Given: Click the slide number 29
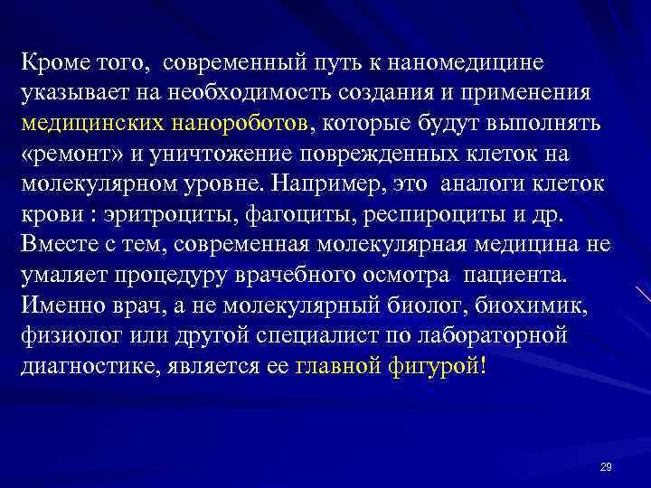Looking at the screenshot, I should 606,466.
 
